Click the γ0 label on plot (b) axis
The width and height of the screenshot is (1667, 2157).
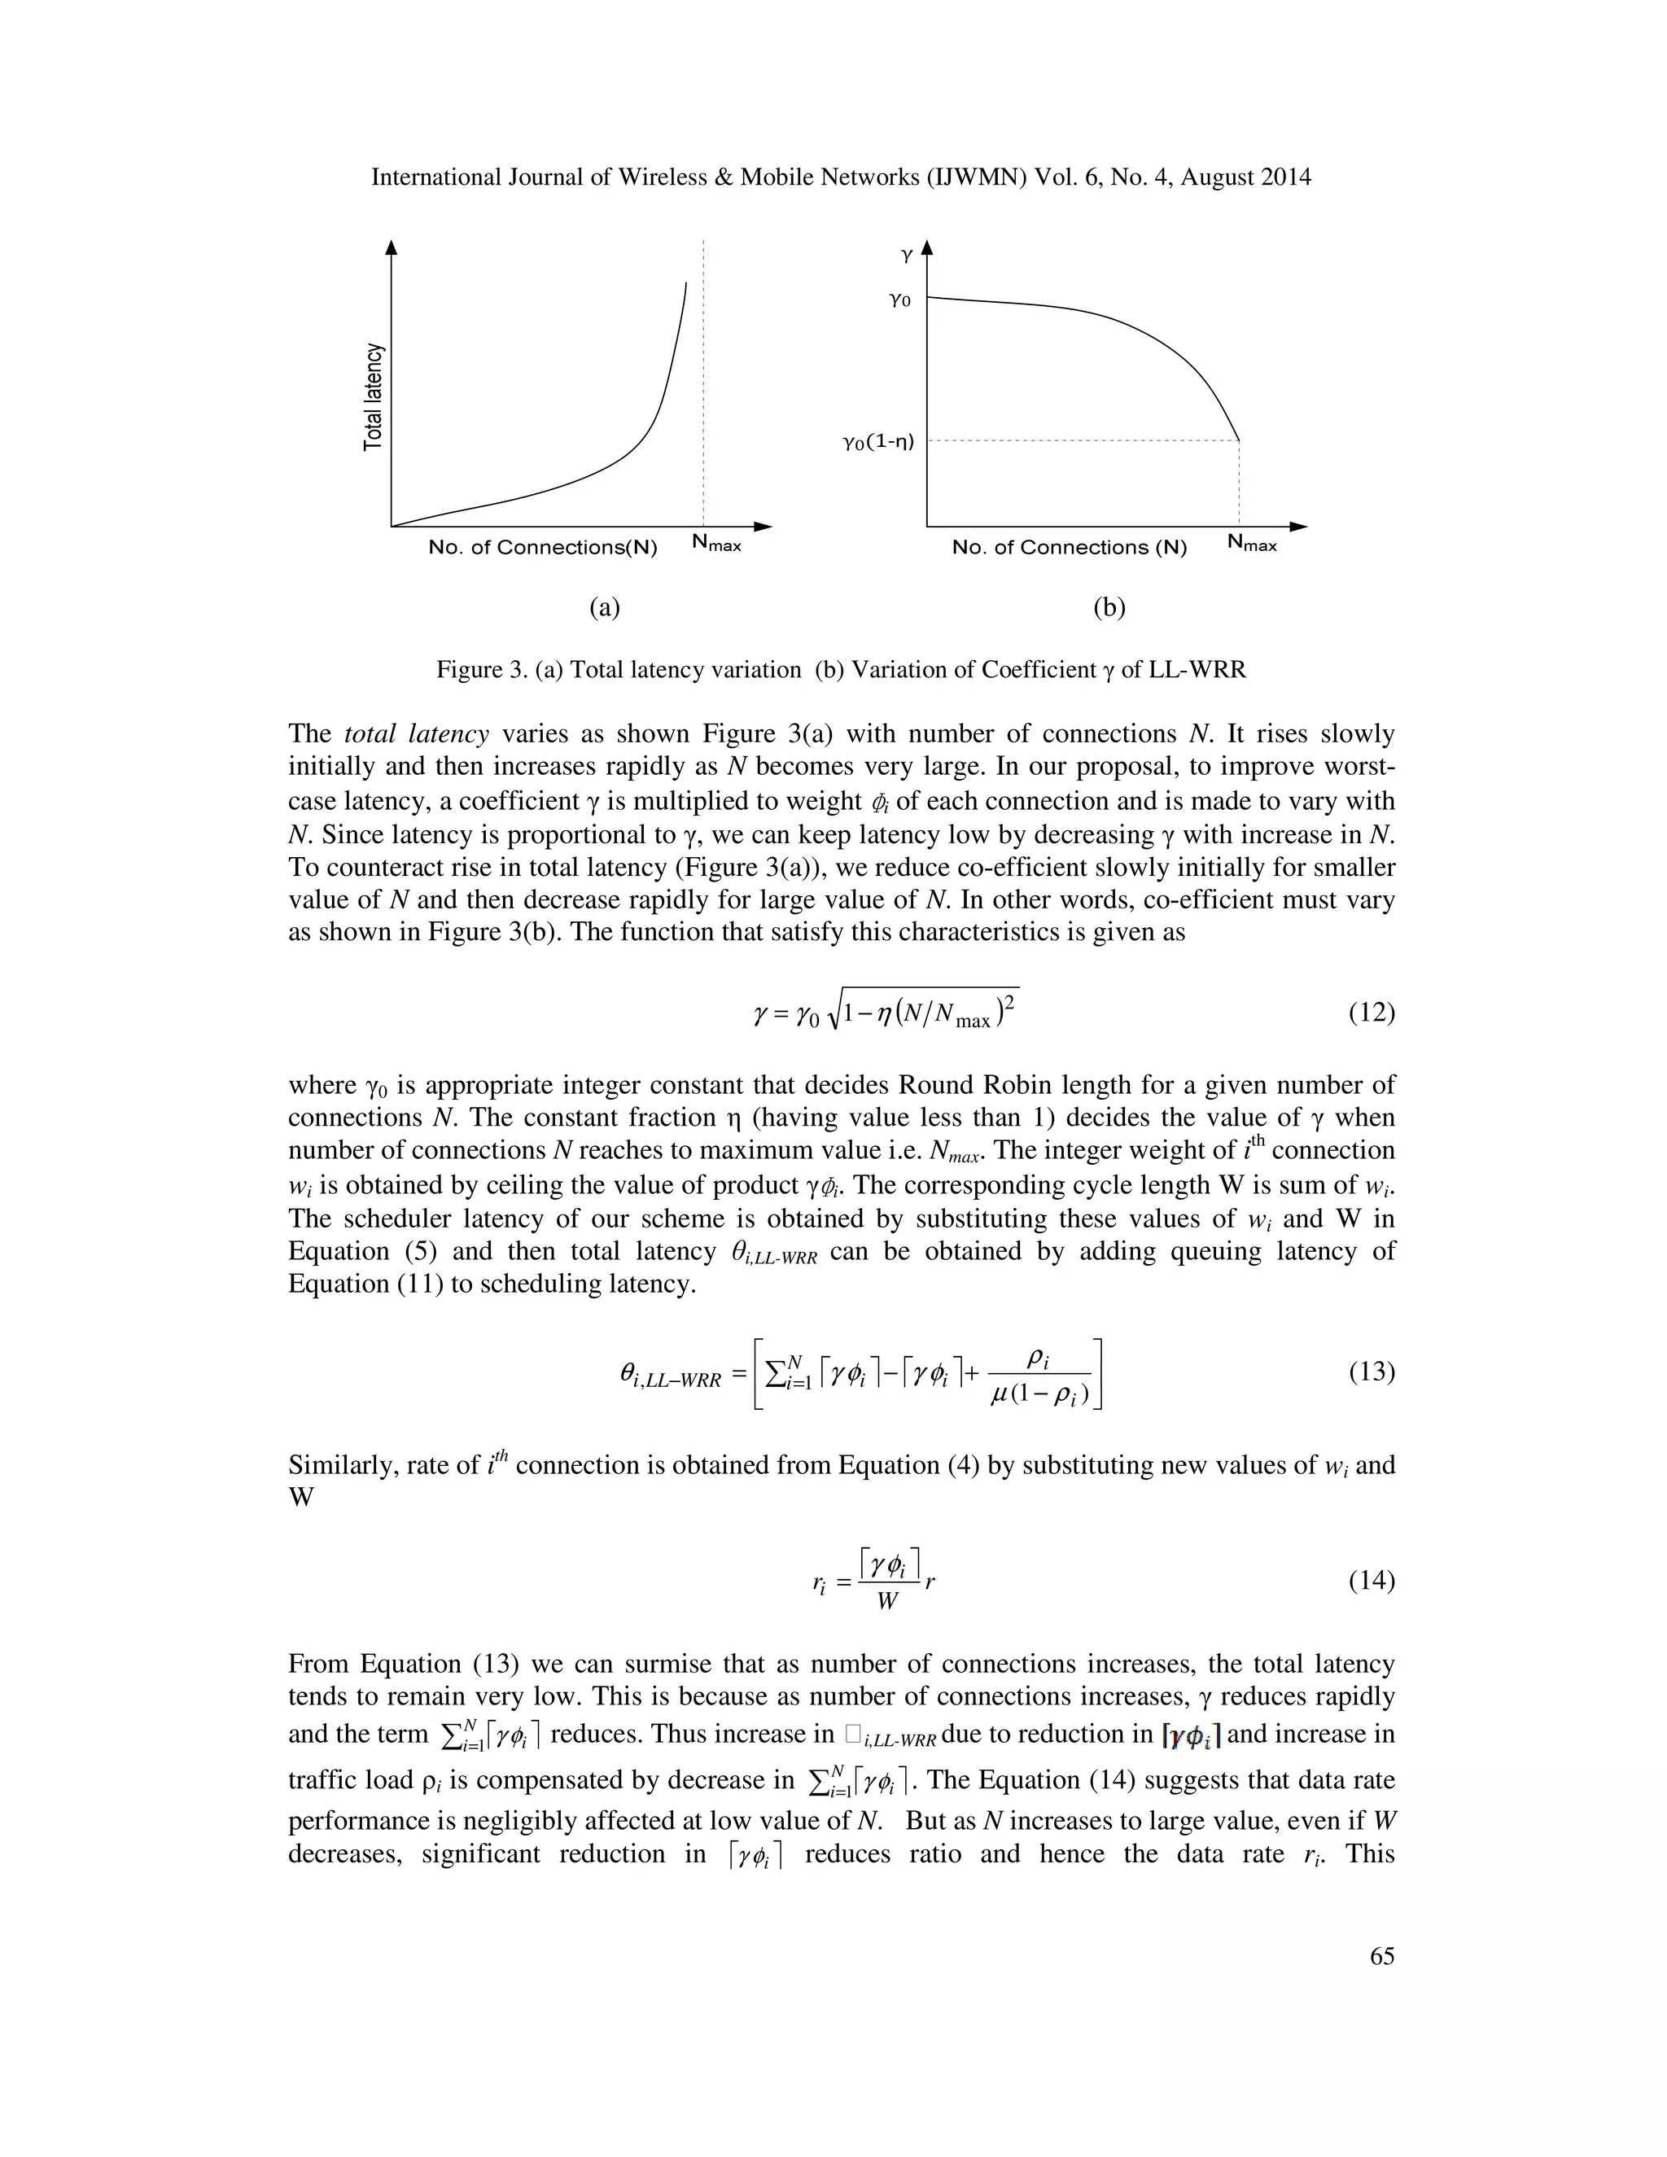[899, 300]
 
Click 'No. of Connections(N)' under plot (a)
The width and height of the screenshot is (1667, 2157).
[542, 547]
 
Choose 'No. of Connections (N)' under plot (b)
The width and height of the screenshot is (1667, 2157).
[1069, 547]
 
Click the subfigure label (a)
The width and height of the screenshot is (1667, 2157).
[605, 607]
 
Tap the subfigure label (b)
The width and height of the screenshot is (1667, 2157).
[1109, 607]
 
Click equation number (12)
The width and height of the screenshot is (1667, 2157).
[1371, 1013]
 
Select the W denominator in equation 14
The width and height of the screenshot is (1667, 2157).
[887, 1602]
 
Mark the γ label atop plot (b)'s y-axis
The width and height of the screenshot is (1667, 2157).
[907, 255]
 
